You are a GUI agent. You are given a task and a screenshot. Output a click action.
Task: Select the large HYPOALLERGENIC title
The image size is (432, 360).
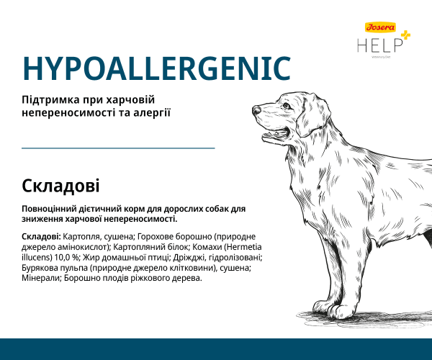[156, 68]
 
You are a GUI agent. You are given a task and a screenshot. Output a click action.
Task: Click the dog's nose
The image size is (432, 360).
[258, 111]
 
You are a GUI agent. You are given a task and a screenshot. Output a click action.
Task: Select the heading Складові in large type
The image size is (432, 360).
[60, 186]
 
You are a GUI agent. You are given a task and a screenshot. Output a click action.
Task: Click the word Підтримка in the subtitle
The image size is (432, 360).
[52, 99]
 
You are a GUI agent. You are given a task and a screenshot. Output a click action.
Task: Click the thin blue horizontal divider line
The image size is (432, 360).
[119, 148]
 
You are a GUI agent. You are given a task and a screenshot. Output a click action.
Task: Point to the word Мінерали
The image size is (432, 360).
[42, 279]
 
